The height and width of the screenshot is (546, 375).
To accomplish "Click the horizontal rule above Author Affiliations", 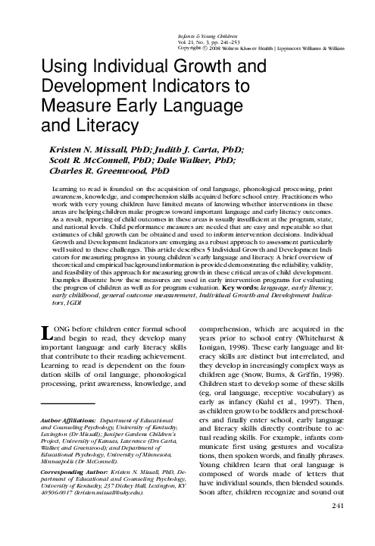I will [x=67, y=404].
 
